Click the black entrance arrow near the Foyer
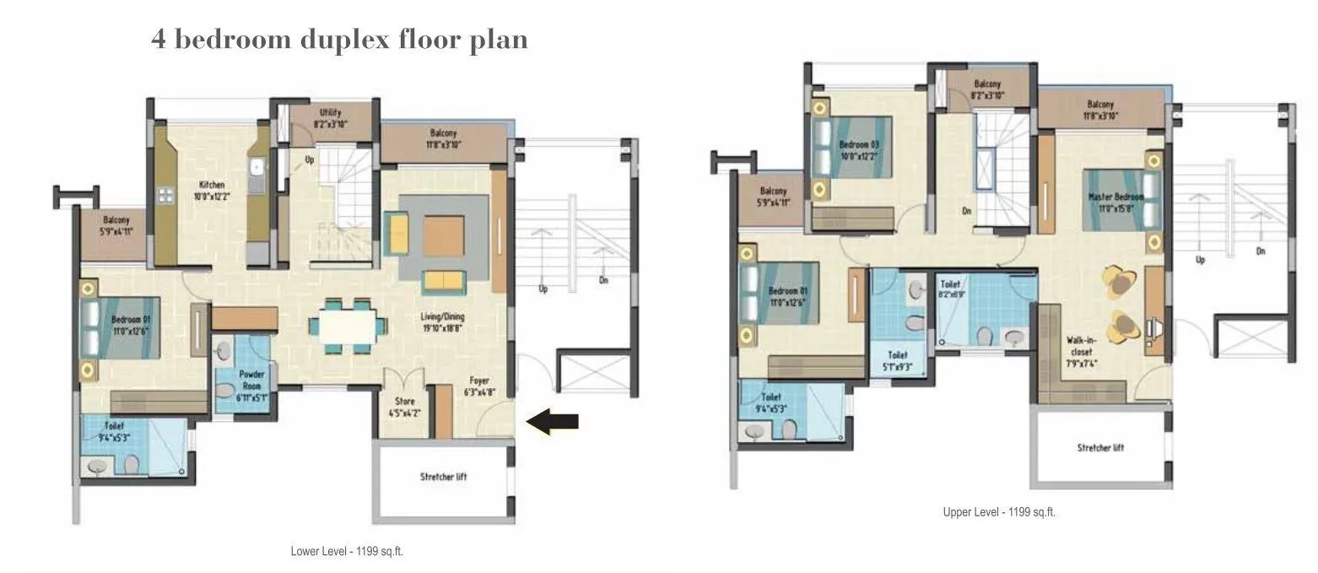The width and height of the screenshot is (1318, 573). [x=553, y=421]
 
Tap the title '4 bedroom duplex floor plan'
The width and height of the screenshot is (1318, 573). [x=339, y=39]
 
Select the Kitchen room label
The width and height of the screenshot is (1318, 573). [x=211, y=190]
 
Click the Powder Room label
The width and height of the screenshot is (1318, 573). [x=252, y=379]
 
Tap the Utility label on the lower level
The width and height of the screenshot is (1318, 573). [x=329, y=118]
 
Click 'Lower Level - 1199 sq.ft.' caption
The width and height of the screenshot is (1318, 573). [x=352, y=551]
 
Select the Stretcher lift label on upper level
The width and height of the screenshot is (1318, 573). [x=1099, y=447]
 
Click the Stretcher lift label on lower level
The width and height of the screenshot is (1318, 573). [x=443, y=477]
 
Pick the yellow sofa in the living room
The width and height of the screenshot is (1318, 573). [x=443, y=281]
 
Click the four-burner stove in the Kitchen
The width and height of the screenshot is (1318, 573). [x=165, y=195]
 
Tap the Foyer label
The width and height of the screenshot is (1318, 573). [x=477, y=386]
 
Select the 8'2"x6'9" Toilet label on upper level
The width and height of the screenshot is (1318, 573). [x=950, y=290]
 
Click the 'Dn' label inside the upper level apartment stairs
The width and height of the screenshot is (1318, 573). [x=967, y=211]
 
